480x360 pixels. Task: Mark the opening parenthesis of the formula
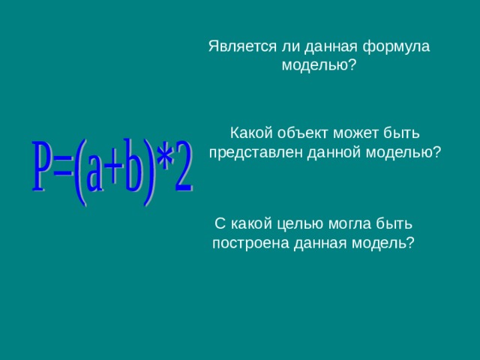tap(79, 168)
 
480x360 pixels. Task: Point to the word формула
tap(396, 46)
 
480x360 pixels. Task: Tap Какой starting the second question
tap(250, 133)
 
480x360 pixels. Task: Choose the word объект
tap(301, 133)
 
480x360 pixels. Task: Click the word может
tap(355, 133)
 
